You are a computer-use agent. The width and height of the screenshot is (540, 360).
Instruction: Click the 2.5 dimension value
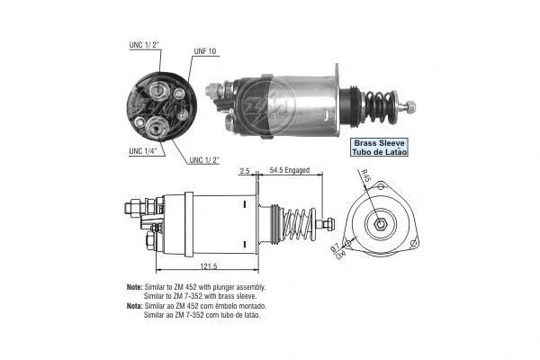click(x=244, y=170)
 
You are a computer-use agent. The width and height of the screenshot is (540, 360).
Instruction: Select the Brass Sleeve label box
click(x=379, y=148)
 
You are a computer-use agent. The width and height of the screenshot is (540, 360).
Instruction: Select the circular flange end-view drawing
click(x=377, y=222)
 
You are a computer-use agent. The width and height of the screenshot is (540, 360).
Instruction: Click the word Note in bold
click(x=135, y=287)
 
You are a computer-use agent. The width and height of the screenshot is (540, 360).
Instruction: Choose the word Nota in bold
click(x=135, y=305)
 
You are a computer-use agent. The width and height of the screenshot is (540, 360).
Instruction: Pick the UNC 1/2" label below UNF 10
click(x=206, y=160)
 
